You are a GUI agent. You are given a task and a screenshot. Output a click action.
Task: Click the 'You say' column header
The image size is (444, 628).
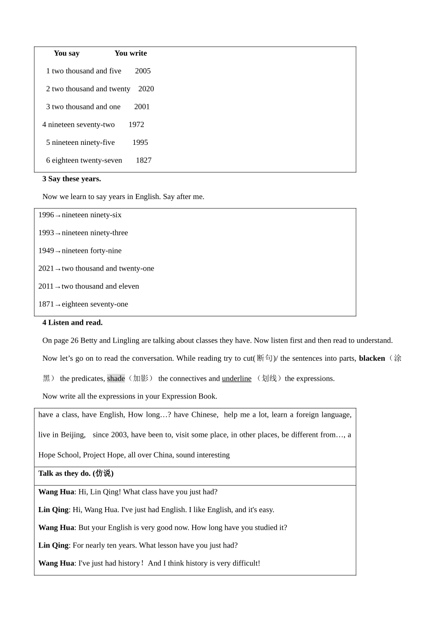tap(66, 53)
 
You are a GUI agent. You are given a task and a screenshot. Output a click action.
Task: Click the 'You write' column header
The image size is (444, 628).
tap(130, 53)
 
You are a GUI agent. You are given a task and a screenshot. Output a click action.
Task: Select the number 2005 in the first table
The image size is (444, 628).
tap(143, 71)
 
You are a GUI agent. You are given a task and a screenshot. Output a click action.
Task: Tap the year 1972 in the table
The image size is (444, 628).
tap(136, 125)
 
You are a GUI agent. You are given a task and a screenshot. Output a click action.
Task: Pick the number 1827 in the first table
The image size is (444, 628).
tap(143, 160)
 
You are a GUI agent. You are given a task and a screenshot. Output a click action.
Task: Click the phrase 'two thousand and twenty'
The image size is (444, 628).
tap(91, 89)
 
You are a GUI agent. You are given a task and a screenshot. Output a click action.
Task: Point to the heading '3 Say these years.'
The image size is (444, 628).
tap(72, 179)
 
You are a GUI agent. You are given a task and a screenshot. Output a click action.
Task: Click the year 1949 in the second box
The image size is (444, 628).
tap(46, 251)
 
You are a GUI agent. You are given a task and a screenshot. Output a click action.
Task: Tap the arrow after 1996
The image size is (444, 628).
tap(58, 215)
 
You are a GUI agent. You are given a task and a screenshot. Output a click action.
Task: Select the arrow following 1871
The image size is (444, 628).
tap(58, 305)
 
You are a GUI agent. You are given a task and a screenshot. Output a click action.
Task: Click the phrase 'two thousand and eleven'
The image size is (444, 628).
tap(100, 286)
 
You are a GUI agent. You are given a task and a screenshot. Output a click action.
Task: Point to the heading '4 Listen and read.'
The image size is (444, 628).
tap(72, 323)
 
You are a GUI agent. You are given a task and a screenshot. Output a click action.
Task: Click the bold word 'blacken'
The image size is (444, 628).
tap(372, 358)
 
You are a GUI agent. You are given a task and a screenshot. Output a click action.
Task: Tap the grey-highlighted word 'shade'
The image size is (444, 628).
tap(116, 378)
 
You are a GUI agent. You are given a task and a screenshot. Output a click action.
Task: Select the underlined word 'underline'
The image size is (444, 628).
tap(236, 378)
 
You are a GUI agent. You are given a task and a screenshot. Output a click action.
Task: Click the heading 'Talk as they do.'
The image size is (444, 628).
tap(65, 473)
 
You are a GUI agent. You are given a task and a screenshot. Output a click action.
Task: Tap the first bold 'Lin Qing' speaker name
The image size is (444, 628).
tap(53, 510)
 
